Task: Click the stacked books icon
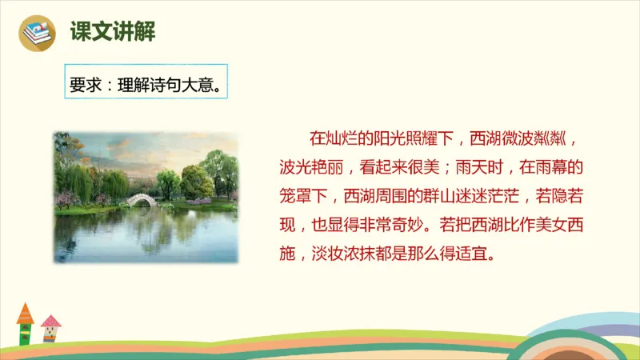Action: tap(38, 32)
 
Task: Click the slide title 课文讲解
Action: tap(112, 32)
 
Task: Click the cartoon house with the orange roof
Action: tap(25, 323)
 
